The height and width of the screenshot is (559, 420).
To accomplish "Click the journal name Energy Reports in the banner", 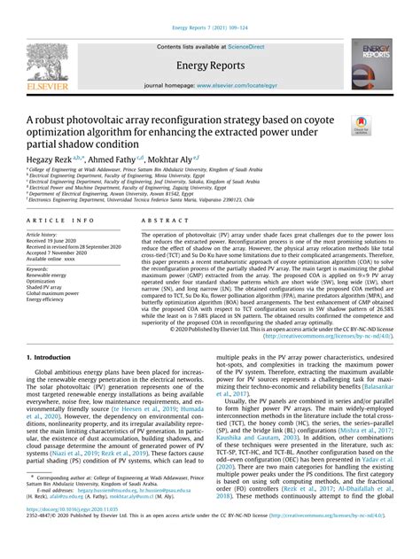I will coord(209,66).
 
